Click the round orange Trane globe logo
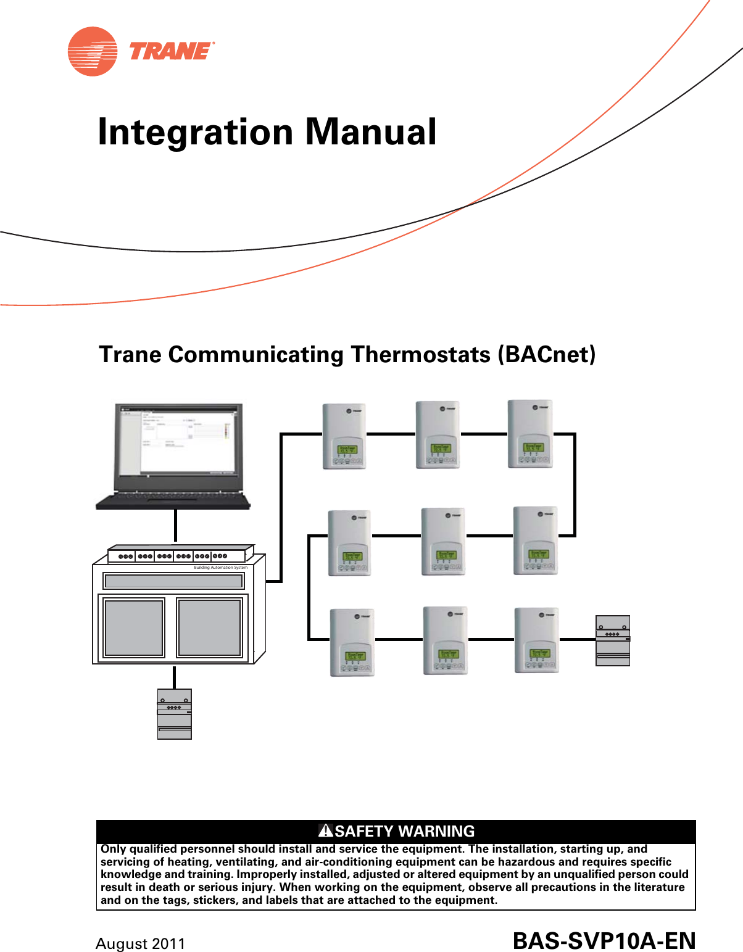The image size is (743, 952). click(93, 51)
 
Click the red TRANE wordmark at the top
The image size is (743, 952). click(170, 51)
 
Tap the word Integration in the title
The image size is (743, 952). click(196, 133)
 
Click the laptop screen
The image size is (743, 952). click(178, 441)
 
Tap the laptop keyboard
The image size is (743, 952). click(173, 499)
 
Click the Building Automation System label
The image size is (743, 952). click(220, 568)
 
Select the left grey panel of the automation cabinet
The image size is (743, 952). click(134, 628)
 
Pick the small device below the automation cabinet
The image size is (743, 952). click(175, 714)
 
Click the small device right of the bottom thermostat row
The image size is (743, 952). click(613, 640)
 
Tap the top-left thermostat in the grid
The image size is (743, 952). click(344, 436)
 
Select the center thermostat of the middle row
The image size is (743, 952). click(442, 542)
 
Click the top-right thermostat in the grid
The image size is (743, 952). click(530, 434)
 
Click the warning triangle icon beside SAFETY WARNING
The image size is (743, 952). click(326, 830)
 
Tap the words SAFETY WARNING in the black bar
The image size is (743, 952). click(405, 831)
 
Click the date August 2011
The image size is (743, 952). click(141, 944)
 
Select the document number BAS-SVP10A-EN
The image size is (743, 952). click(604, 942)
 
